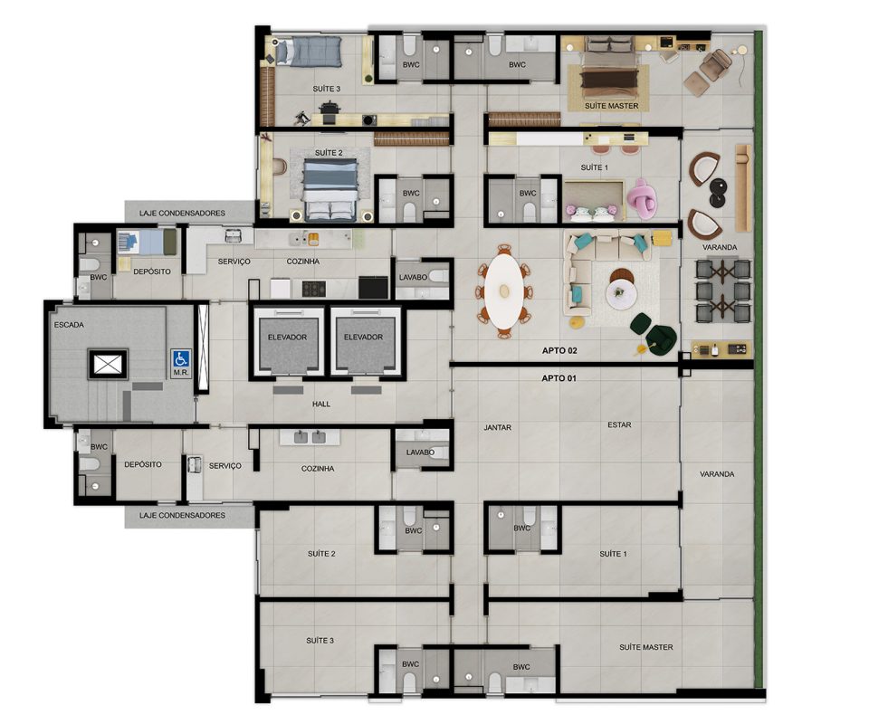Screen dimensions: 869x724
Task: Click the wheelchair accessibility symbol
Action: tap(181, 359)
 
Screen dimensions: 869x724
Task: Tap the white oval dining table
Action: tap(504, 290)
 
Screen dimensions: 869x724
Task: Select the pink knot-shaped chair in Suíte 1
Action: tap(642, 198)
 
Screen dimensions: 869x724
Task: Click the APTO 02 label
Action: tap(559, 350)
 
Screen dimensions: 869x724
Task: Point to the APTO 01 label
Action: tap(559, 378)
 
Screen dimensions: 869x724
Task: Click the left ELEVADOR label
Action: tap(287, 337)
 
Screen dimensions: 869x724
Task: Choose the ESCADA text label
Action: tap(69, 325)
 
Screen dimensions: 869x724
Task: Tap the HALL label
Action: tap(320, 404)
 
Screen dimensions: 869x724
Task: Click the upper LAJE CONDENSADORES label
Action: tap(182, 213)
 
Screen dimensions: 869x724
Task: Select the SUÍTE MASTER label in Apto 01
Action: tap(646, 647)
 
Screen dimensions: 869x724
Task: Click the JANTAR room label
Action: tap(497, 428)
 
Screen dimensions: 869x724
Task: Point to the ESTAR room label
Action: tap(619, 424)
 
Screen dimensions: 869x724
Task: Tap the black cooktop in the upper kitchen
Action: tap(315, 289)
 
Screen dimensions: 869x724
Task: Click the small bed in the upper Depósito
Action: tap(147, 243)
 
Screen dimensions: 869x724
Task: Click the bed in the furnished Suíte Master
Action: tap(608, 71)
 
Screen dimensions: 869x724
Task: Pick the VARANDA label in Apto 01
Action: tap(717, 474)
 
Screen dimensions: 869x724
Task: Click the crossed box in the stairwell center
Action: tap(108, 364)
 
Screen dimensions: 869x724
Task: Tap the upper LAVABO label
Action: tap(413, 277)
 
